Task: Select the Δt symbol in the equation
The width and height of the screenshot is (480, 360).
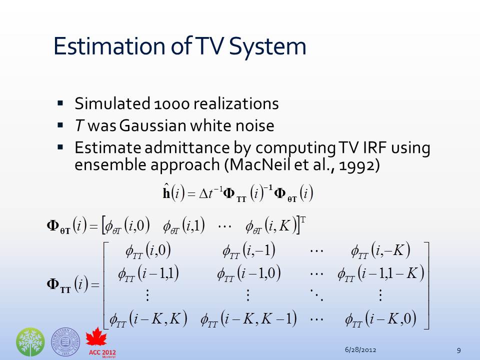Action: (205, 193)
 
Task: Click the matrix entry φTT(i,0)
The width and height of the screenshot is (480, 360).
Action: (148, 251)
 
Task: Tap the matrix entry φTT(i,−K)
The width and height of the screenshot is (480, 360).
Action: (380, 251)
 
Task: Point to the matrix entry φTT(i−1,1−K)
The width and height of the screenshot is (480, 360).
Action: (381, 273)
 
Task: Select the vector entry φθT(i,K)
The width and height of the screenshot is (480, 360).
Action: (271, 226)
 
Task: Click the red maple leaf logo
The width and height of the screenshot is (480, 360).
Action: (96, 337)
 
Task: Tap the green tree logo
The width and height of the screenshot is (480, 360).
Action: (30, 341)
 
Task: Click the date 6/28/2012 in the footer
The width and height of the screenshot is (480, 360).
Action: (360, 349)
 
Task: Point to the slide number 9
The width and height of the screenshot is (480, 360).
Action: (458, 350)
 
